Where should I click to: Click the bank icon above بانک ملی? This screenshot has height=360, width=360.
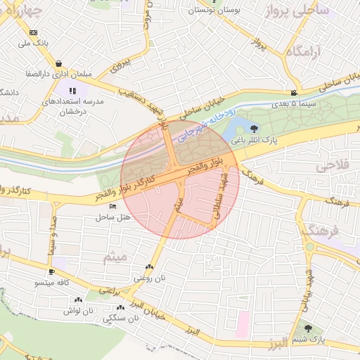[33, 32]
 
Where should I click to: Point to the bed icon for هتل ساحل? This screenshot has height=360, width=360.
[113, 207]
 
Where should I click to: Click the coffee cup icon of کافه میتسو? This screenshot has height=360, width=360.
[51, 272]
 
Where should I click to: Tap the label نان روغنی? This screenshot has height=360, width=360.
[148, 278]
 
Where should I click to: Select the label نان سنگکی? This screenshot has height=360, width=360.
[121, 319]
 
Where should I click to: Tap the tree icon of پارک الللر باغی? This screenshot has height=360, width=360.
[254, 128]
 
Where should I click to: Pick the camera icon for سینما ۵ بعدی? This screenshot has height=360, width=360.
[293, 93]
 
